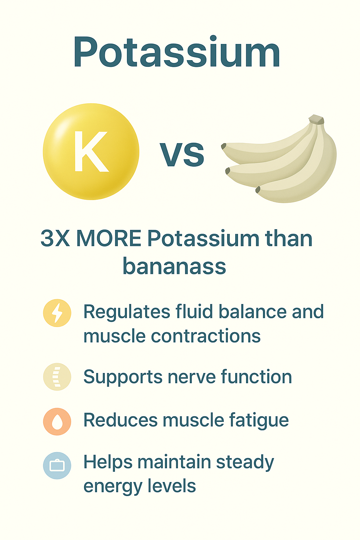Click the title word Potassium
pos(177,51)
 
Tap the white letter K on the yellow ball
pos(91,152)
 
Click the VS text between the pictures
pos(182,154)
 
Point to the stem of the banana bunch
pos(316,120)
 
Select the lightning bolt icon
pos(57,313)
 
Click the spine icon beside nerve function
pos(57,377)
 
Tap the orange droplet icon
pos(57,422)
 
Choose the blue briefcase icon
pos(57,465)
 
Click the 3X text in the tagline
pos(56,238)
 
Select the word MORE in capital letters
pos(109,238)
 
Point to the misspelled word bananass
pos(174,266)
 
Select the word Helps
pos(108,463)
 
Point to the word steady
pos(245,463)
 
